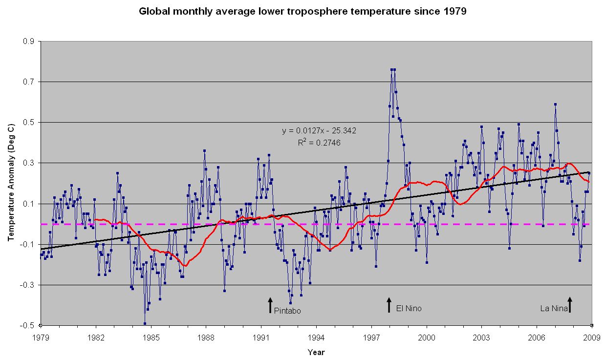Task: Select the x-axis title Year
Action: (x=316, y=352)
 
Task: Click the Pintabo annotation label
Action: (x=287, y=311)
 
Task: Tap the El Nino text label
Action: (x=409, y=309)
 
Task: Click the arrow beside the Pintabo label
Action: (x=270, y=305)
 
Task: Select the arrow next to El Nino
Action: (x=389, y=305)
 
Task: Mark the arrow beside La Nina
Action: (x=569, y=305)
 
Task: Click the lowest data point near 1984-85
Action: (x=145, y=323)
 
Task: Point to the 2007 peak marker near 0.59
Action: (x=555, y=104)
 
